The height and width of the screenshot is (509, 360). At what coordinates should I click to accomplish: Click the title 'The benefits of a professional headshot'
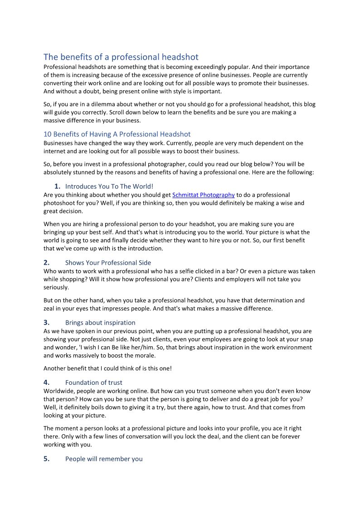click(121, 57)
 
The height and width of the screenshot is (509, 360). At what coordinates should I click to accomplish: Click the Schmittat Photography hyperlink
click(203, 195)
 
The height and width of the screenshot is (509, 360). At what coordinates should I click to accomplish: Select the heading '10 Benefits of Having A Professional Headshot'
click(117, 134)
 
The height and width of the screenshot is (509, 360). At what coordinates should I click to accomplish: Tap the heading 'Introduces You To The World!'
click(109, 186)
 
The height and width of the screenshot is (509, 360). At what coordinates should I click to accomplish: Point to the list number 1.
click(57, 186)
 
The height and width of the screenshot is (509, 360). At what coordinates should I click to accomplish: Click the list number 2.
click(46, 262)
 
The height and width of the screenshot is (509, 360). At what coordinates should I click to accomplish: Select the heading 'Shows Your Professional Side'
click(108, 262)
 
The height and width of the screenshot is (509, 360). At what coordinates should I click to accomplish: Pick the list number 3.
click(46, 323)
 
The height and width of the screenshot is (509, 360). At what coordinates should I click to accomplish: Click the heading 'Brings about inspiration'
click(100, 323)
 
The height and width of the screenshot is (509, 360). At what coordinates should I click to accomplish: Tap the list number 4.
click(46, 383)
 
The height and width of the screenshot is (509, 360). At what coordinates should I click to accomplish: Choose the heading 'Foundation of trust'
click(93, 383)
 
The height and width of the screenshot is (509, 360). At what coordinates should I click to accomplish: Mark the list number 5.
click(46, 459)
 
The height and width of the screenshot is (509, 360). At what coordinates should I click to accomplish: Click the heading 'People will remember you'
click(104, 459)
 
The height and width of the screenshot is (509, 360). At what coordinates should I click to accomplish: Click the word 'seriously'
click(56, 287)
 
